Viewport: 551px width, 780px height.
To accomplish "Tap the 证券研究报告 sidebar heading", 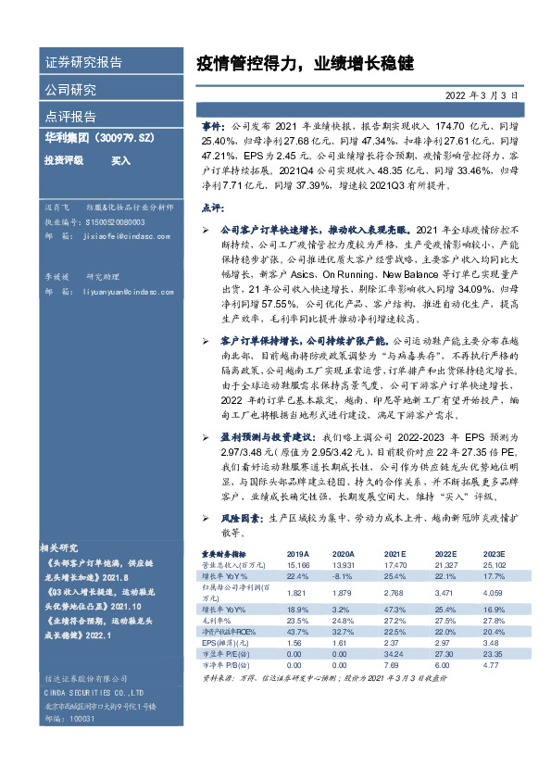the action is [x=83, y=63].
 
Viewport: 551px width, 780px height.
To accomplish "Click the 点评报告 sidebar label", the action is [x=70, y=117].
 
